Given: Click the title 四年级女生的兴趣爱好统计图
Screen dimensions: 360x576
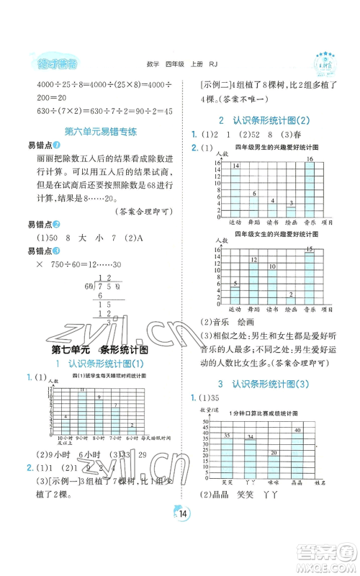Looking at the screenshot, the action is (273, 234).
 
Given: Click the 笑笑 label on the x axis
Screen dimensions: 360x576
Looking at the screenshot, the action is (227, 482).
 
